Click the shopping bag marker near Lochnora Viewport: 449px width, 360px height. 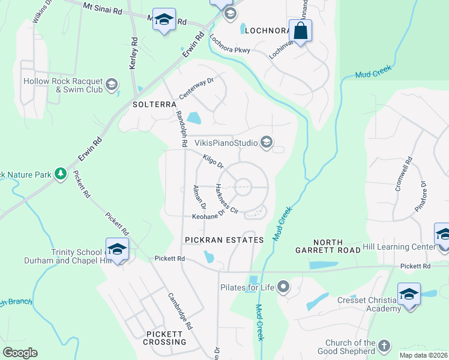click(301, 30)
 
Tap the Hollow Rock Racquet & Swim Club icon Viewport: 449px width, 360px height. click(111, 85)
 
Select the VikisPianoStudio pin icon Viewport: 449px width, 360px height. click(267, 143)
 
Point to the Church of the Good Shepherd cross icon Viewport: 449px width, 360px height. click(384, 346)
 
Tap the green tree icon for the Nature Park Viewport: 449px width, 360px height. click(60, 174)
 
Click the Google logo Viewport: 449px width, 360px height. click(20, 353)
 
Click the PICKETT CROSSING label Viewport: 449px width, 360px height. click(165, 337)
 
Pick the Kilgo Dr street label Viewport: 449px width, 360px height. click(213, 161)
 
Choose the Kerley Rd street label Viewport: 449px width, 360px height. click(134, 53)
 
